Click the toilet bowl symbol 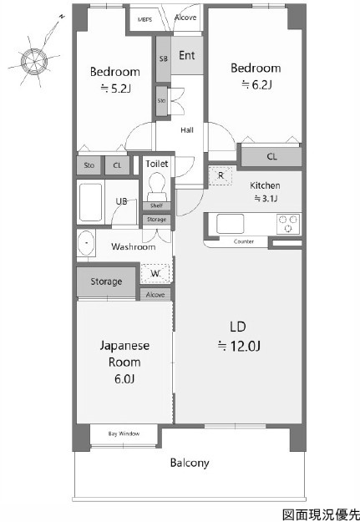point(156,186)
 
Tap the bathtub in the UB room point(90,202)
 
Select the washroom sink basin point(86,243)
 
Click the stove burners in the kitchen point(288,223)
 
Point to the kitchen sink point(230,223)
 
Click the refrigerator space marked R point(221,175)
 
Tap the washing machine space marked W point(155,273)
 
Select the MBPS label point(145,19)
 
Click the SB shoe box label point(163,59)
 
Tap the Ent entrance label point(187,55)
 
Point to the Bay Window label point(124,433)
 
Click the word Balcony point(190,463)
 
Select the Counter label point(243,241)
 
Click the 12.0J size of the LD point(239,347)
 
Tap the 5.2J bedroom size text point(115,89)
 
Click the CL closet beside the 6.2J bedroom point(271,156)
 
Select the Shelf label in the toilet point(156,205)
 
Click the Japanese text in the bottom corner point(321,514)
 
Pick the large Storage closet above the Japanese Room point(106,281)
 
